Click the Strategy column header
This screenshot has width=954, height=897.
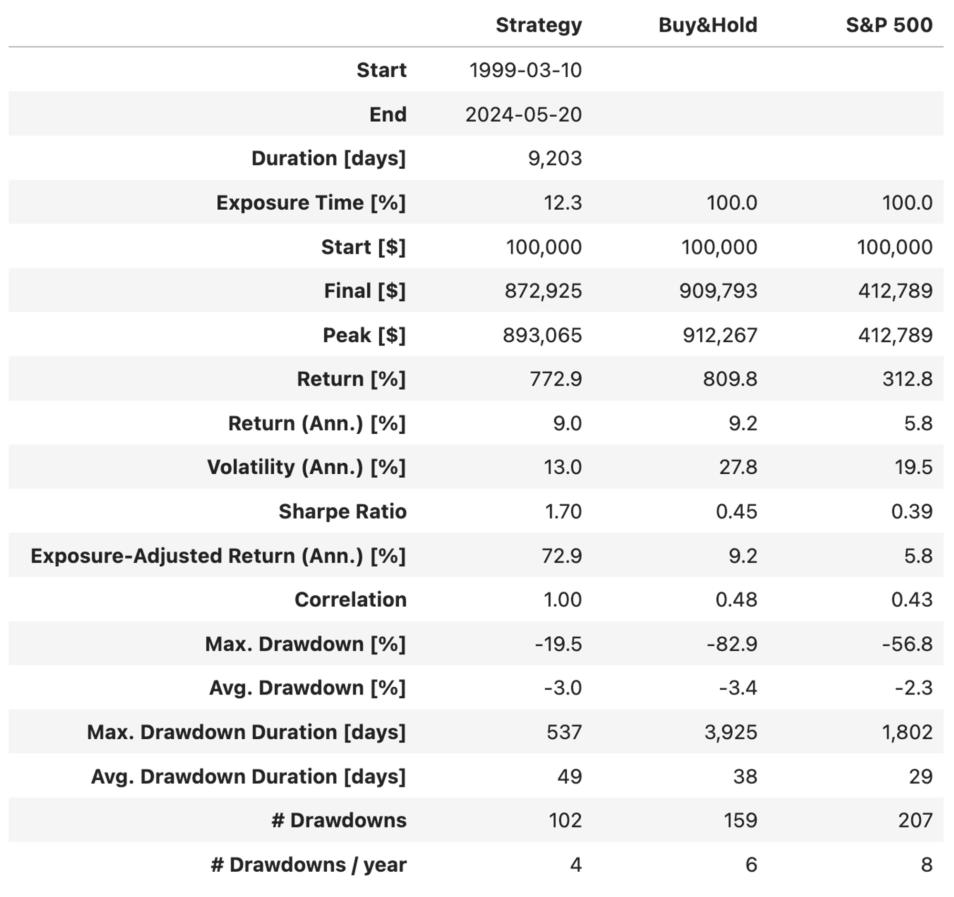point(539,25)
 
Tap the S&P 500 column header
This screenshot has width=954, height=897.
point(889,25)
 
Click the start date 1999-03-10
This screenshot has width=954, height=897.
point(526,71)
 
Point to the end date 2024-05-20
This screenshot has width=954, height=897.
point(524,114)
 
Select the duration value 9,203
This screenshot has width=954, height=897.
point(555,159)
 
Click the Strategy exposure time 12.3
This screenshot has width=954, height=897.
point(562,203)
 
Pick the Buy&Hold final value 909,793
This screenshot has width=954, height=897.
point(718,291)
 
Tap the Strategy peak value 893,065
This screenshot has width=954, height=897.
point(542,335)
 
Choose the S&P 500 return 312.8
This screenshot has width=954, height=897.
point(907,379)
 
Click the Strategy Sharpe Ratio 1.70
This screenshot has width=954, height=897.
point(563,511)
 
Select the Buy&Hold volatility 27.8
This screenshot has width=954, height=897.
point(737,467)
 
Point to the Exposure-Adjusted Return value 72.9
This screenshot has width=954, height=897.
point(561,556)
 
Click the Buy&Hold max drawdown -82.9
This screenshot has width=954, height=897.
point(732,644)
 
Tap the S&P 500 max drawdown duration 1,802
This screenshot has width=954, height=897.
point(907,732)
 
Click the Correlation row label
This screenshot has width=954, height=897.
point(350,600)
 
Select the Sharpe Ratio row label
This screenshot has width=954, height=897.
point(342,511)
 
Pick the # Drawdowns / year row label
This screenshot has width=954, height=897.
point(309,865)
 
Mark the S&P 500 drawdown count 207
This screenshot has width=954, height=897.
point(915,820)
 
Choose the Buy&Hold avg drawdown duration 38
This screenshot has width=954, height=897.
point(745,776)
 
